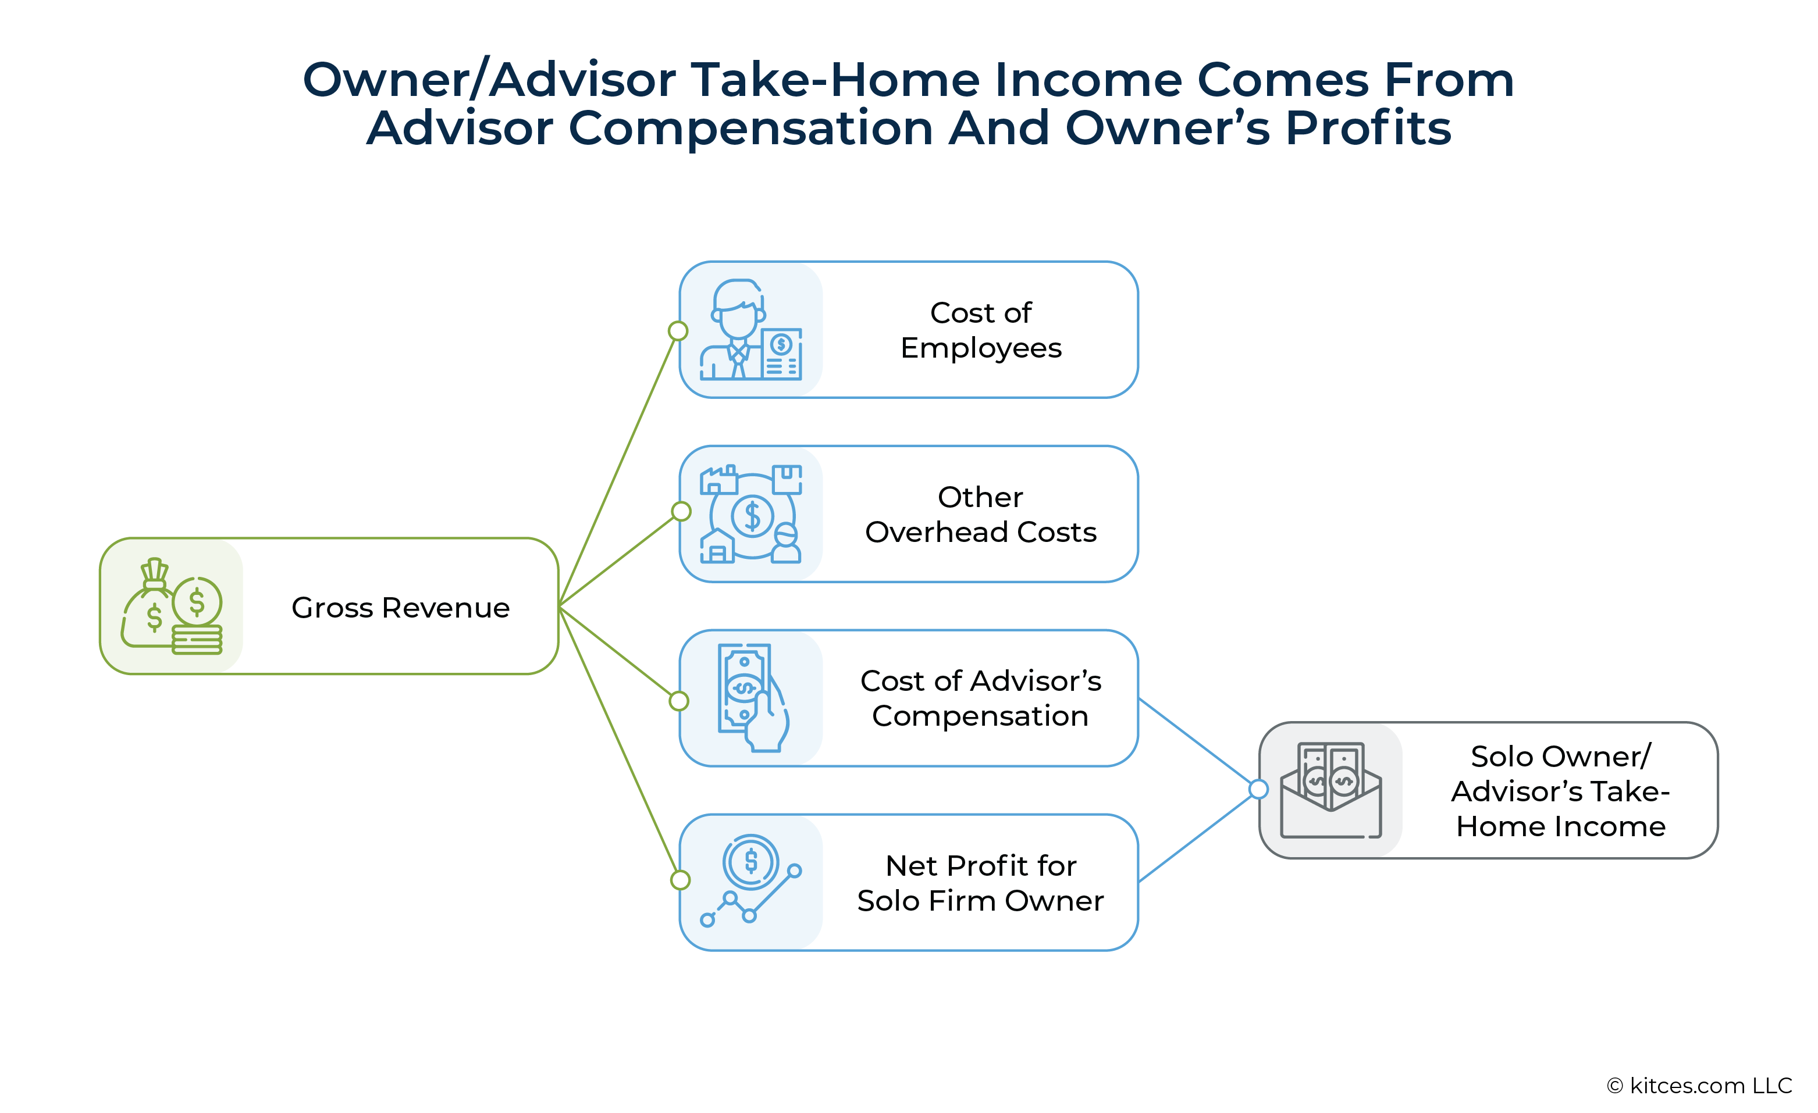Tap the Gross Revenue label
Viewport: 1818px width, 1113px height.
[x=401, y=608]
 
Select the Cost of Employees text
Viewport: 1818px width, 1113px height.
[x=981, y=330]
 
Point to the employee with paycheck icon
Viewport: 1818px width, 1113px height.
[x=751, y=330]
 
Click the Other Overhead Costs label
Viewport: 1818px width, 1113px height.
[x=981, y=514]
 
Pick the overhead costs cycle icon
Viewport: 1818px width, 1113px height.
[x=751, y=514]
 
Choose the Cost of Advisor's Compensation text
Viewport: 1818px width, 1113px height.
[x=981, y=698]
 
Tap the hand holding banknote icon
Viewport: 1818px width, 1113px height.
[x=753, y=698]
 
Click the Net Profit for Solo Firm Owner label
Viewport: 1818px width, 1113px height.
[x=981, y=883]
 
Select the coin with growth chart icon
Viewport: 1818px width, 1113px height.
[x=751, y=880]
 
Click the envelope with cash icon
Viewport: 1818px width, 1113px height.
[x=1331, y=791]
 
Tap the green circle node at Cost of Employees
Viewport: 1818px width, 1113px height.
[x=678, y=331]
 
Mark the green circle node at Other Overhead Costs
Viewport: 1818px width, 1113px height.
[x=681, y=511]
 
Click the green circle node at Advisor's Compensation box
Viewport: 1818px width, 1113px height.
[x=679, y=701]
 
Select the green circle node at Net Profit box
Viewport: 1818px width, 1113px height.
[x=680, y=880]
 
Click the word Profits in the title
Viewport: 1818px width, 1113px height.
[x=1369, y=127]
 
